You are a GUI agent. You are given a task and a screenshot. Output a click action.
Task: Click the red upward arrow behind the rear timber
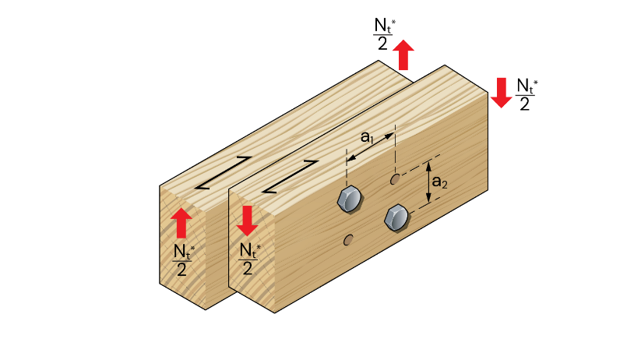click(x=403, y=55)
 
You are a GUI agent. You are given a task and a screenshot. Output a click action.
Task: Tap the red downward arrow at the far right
click(x=502, y=93)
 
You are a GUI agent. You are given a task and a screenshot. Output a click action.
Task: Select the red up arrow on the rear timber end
click(x=181, y=223)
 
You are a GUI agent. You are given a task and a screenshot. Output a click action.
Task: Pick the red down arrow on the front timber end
click(x=247, y=221)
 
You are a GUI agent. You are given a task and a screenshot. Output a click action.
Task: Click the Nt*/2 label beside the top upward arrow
click(x=384, y=34)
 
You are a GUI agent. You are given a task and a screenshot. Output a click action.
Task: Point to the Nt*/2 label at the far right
click(x=527, y=94)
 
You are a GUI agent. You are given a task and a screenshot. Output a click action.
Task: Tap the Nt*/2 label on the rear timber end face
click(x=183, y=260)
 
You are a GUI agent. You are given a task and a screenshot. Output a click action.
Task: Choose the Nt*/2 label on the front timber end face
click(x=249, y=259)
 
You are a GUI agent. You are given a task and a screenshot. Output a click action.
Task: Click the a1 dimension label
click(x=367, y=137)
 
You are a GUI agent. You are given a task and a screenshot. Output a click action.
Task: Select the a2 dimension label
click(x=440, y=182)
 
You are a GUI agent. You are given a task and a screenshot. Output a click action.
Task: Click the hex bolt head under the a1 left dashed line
click(x=350, y=199)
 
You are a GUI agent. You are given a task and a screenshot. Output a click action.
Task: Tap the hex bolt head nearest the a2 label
click(x=397, y=218)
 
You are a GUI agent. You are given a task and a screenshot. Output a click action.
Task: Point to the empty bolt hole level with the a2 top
click(x=395, y=179)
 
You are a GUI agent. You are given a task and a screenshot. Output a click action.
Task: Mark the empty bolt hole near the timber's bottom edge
click(x=348, y=240)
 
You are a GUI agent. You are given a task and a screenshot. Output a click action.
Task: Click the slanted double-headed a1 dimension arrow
click(x=370, y=147)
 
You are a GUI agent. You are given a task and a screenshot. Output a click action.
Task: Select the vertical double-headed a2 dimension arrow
click(x=429, y=182)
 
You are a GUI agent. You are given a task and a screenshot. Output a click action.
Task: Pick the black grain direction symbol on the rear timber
click(x=224, y=173)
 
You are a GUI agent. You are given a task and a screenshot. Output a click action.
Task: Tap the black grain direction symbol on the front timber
click(x=291, y=177)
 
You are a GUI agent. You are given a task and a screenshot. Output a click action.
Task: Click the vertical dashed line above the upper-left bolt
click(x=347, y=168)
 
